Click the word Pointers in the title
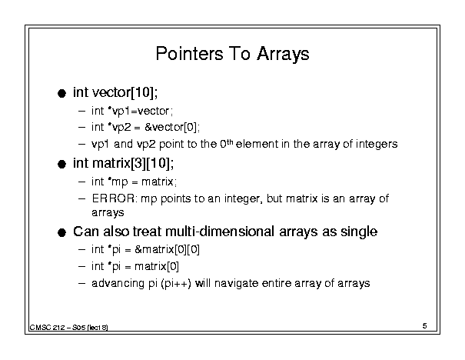point(189,54)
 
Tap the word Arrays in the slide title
point(283,55)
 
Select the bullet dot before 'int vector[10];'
point(61,94)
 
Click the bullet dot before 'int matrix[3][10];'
point(61,164)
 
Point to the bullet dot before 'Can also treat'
point(61,232)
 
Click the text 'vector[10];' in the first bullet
point(125,92)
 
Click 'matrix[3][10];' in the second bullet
point(133,163)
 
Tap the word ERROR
point(113,198)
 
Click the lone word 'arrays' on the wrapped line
point(108,213)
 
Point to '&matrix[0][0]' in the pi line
point(167,249)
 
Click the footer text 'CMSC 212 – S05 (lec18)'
point(69,328)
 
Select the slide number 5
point(425,326)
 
